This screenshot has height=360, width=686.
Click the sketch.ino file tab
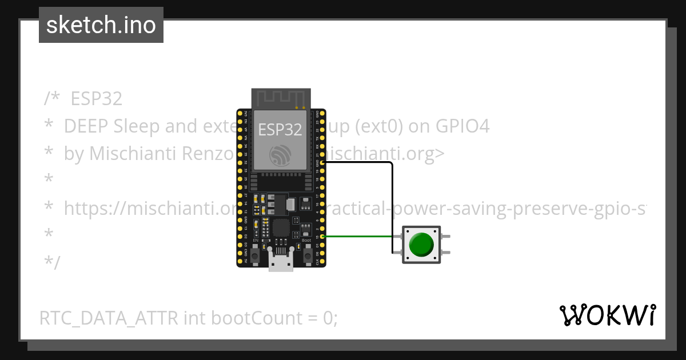coord(101,25)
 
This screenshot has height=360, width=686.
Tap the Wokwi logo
coord(607,315)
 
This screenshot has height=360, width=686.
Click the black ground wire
coord(392,206)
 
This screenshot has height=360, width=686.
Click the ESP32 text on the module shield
coord(280,130)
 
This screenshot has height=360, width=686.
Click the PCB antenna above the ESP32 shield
coord(281,98)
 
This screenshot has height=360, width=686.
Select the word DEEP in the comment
coord(87,126)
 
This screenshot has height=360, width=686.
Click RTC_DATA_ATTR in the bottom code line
coord(109,318)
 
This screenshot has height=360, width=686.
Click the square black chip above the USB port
coord(281,228)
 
